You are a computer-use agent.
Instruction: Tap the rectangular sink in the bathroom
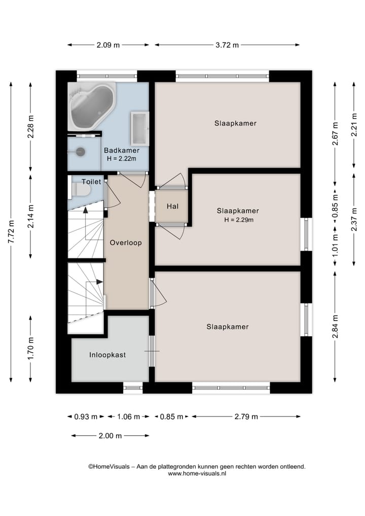click(x=140, y=129)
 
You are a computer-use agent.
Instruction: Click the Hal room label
click(x=172, y=207)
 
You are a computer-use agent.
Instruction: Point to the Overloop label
click(x=126, y=243)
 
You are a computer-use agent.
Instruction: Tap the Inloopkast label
click(x=107, y=355)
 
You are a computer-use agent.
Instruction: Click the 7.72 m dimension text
click(x=11, y=232)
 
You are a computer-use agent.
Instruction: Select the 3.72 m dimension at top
click(x=227, y=45)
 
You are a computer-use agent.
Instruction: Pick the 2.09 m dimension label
click(x=108, y=45)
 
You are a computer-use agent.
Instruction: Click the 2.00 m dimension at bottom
click(x=110, y=436)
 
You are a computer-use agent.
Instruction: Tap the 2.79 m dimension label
click(x=246, y=417)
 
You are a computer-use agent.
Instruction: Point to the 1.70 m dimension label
click(x=31, y=349)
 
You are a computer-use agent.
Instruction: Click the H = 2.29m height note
click(x=239, y=220)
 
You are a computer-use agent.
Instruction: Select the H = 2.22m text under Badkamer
click(x=121, y=159)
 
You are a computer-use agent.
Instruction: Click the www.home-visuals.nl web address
click(x=197, y=473)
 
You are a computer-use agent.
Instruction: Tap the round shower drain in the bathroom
click(x=80, y=151)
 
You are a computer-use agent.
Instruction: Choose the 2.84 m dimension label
click(x=335, y=326)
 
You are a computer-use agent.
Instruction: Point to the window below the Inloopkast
click(x=133, y=388)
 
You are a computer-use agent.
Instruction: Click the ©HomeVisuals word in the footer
click(x=109, y=466)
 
